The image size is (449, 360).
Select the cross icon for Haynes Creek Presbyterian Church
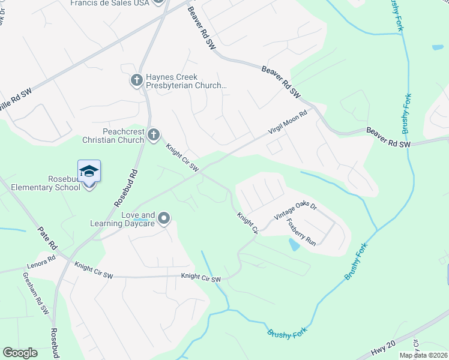[x=137, y=79]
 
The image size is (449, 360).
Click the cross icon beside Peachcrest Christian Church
[x=154, y=134]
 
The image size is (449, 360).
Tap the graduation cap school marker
[x=89, y=171]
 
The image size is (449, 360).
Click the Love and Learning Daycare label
[x=138, y=219]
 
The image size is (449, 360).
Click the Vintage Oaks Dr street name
[x=295, y=211]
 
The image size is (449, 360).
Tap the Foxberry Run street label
[x=301, y=232]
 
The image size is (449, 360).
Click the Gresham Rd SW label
[x=35, y=293]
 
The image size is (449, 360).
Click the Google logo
[x=20, y=353]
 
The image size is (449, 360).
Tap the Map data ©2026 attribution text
[x=423, y=355]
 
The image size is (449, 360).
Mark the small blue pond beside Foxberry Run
[x=294, y=244]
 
